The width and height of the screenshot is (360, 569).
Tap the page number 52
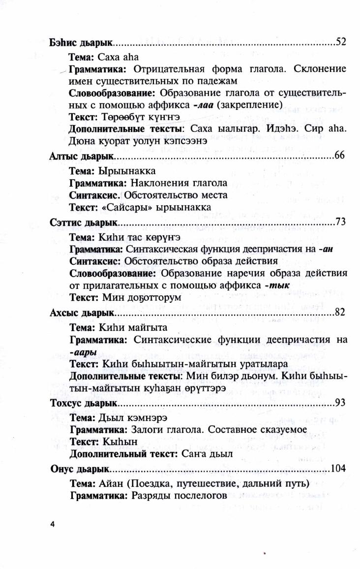coord(341,41)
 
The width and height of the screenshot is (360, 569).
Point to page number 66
coord(340,156)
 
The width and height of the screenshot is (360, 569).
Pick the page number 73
coord(340,221)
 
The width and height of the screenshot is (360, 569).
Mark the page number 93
coord(340,402)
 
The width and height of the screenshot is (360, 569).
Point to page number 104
coord(338,468)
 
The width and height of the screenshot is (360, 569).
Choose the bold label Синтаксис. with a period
coord(95,195)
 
